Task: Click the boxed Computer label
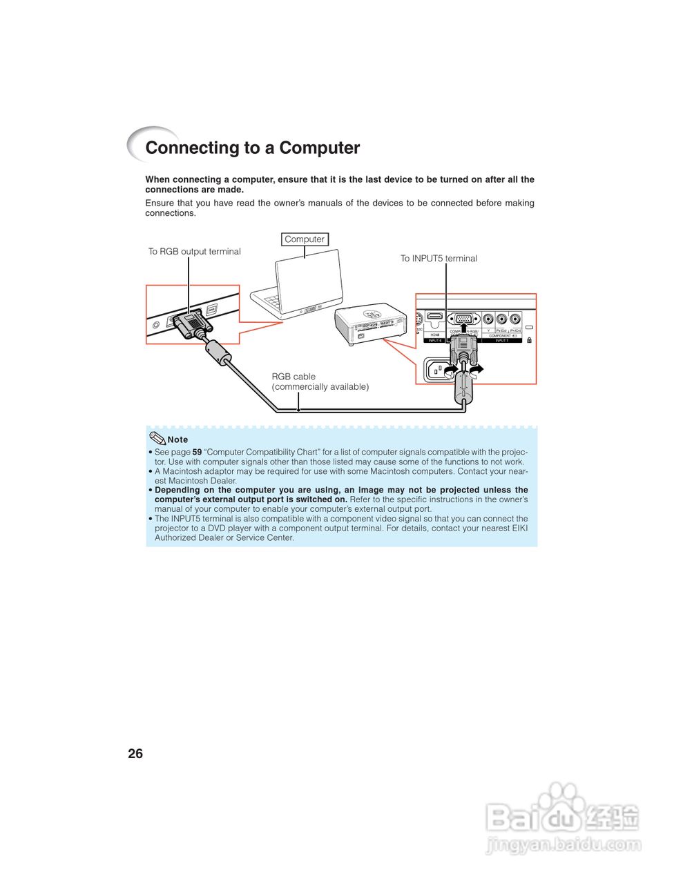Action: click(x=305, y=239)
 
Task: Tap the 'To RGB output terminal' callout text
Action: click(x=195, y=252)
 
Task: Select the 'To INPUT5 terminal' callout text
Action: click(x=439, y=259)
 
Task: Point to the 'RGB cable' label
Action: click(x=294, y=377)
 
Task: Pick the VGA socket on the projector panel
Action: click(x=463, y=319)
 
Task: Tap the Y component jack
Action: click(x=488, y=319)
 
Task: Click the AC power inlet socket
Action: click(x=436, y=371)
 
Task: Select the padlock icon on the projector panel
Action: click(x=530, y=340)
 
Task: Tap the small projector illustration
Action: click(x=370, y=324)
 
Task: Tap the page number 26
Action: click(x=135, y=754)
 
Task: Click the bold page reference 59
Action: click(x=197, y=453)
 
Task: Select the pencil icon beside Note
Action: click(x=157, y=438)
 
